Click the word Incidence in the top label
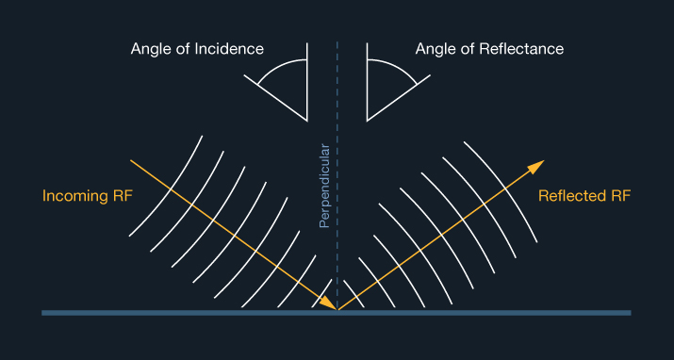tap(230, 48)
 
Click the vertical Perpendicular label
tap(324, 186)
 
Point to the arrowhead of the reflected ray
tap(537, 167)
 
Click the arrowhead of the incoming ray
tap(328, 303)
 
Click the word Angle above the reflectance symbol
tap(436, 48)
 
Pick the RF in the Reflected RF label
tap(620, 196)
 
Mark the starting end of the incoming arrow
tap(131, 161)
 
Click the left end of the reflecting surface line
tap(43, 312)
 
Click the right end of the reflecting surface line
tap(630, 312)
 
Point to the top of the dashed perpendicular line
tap(337, 43)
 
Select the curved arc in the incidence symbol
tap(278, 68)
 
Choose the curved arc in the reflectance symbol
tap(395, 68)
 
